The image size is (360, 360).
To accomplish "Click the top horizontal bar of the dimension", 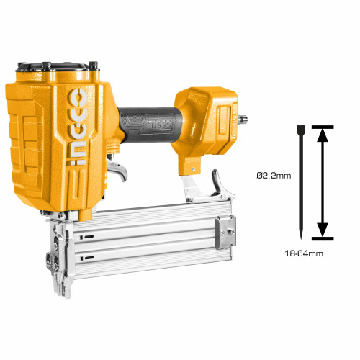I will [x=323, y=127].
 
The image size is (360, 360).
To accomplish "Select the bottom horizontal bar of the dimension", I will [x=323, y=238].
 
